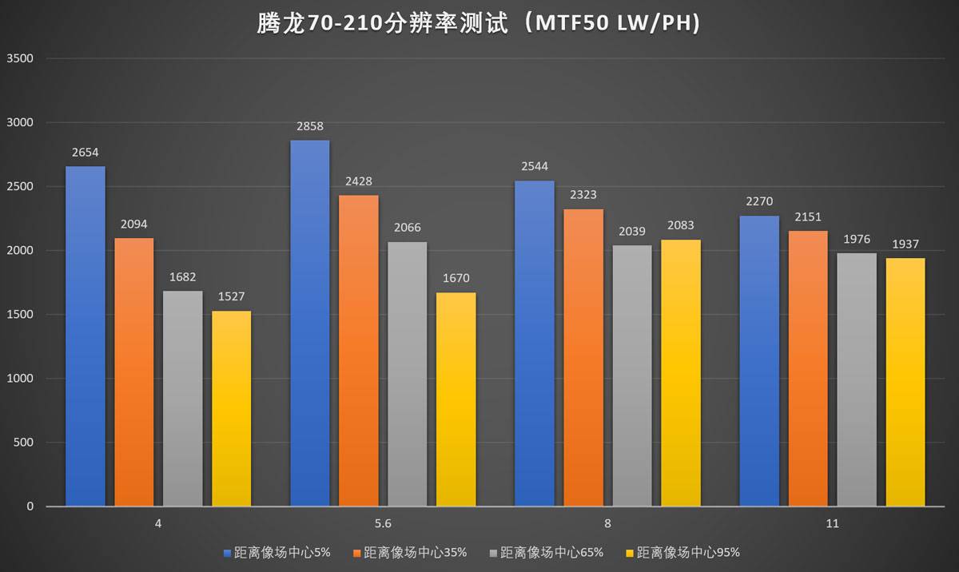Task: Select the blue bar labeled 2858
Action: coord(309,323)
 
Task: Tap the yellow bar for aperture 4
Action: coord(232,407)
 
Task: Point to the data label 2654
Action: coord(85,153)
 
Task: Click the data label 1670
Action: coord(456,279)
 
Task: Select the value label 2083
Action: coord(680,226)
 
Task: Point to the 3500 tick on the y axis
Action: coord(19,58)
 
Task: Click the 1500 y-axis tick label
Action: coord(19,315)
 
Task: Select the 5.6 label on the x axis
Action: coord(383,524)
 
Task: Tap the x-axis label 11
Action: coord(833,524)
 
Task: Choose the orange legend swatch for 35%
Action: coord(356,552)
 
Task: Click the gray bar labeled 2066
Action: coord(407,374)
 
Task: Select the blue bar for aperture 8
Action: coord(535,344)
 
